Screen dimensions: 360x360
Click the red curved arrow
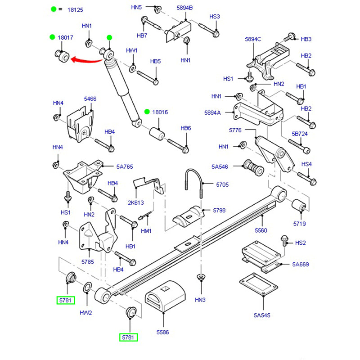pyautogui.click(x=85, y=58)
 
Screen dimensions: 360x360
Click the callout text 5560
pyautogui.click(x=261, y=230)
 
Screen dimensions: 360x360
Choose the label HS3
pyautogui.click(x=214, y=17)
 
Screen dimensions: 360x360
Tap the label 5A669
pyautogui.click(x=301, y=265)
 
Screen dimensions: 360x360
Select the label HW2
pyautogui.click(x=86, y=312)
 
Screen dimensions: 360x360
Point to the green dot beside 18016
pyautogui.click(x=147, y=112)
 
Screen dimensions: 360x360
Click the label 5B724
pyautogui.click(x=299, y=134)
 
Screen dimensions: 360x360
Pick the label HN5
pyautogui.click(x=136, y=8)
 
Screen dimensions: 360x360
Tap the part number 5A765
pyautogui.click(x=125, y=166)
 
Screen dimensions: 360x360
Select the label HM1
pyautogui.click(x=146, y=231)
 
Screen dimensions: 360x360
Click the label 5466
pyautogui.click(x=90, y=99)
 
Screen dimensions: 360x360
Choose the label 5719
pyautogui.click(x=300, y=223)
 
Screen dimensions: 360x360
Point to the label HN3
pyautogui.click(x=200, y=300)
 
